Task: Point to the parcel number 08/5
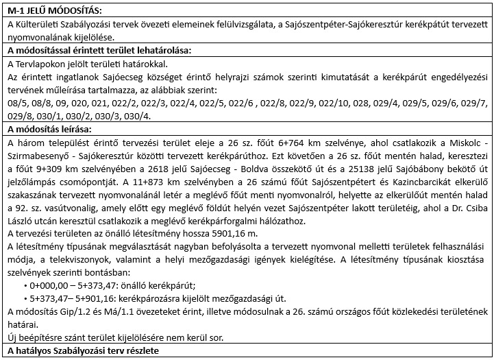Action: pyautogui.click(x=14, y=103)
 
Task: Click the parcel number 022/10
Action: pyautogui.click(x=355, y=103)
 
